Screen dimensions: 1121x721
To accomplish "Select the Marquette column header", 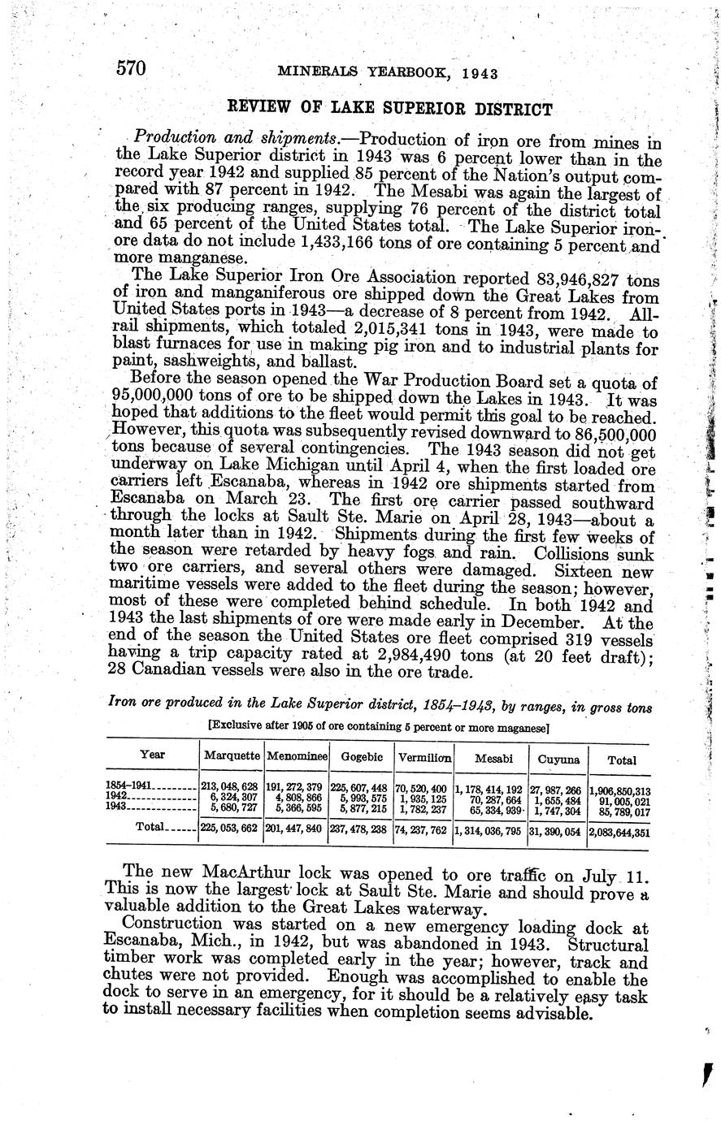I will (x=232, y=756).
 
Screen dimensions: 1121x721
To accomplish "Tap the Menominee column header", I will (x=297, y=756).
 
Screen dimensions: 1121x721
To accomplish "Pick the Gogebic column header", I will (x=362, y=756).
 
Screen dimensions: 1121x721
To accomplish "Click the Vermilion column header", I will (x=424, y=756).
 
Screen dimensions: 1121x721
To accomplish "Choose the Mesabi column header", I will (x=494, y=759).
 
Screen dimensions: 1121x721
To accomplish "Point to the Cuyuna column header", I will (x=559, y=760).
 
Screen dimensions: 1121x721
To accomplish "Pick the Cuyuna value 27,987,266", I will (x=557, y=789).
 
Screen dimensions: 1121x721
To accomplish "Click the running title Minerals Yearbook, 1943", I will (x=387, y=72).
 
